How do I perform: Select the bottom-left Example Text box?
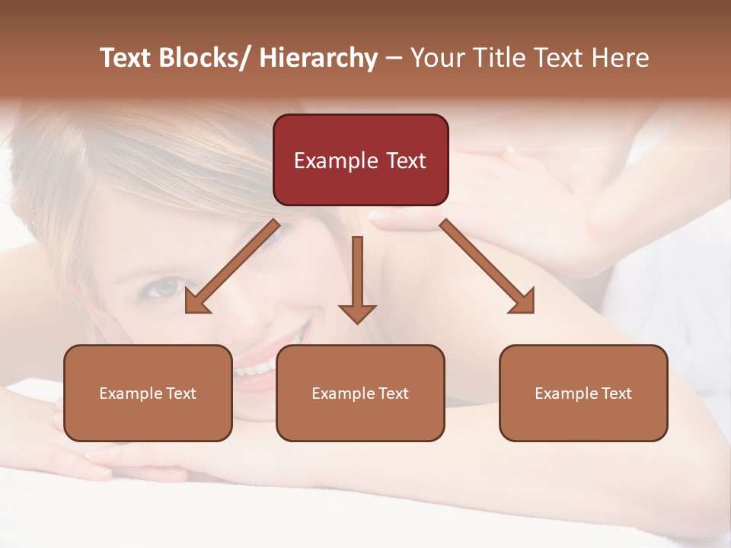coord(148,393)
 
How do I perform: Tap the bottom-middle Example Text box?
coord(360,393)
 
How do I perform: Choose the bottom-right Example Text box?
coord(583,393)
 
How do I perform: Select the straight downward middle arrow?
coord(357,278)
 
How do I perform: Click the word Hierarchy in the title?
coord(318,59)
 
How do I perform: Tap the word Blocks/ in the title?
coord(208,59)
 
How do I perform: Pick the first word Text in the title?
coord(127,59)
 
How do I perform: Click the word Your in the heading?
coord(436,59)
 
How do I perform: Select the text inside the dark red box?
coord(360,161)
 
